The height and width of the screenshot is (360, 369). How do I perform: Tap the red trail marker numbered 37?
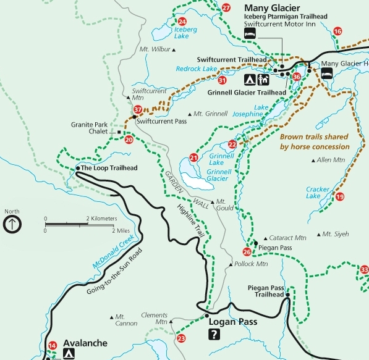tap(138, 110)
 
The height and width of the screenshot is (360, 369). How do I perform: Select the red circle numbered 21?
tap(194, 157)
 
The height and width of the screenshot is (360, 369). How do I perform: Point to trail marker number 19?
tap(340, 196)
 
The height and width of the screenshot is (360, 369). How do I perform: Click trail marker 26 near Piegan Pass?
tap(247, 251)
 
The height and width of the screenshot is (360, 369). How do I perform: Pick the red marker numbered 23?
tap(180, 338)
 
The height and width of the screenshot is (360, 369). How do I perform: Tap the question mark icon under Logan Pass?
tap(214, 335)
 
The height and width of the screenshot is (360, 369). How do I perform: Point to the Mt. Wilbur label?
tap(153, 49)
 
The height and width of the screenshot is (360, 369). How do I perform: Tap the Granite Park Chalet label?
tap(90, 127)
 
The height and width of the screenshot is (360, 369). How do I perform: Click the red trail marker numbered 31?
tap(222, 80)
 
